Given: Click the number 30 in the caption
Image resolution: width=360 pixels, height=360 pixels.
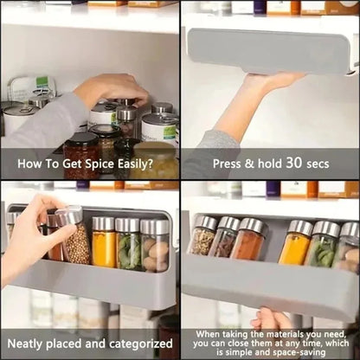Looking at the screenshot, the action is (294, 163).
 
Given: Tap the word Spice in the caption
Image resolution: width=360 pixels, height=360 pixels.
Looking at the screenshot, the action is (100, 164).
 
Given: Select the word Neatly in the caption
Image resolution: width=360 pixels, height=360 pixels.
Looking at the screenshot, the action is (25, 344).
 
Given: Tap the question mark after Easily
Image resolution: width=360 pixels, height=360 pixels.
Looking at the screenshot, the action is (150, 164).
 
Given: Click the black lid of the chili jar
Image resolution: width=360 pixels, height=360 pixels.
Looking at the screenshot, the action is (81, 138).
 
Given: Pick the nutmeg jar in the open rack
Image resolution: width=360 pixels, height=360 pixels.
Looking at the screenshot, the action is (155, 246).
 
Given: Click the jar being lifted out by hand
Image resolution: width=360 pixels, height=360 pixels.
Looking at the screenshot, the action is (72, 235).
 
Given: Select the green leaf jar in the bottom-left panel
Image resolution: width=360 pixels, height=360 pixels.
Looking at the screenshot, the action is (127, 243).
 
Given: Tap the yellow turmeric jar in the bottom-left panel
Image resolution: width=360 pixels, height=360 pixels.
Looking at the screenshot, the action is (104, 242).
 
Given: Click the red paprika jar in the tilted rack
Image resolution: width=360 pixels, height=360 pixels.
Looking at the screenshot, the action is (247, 239).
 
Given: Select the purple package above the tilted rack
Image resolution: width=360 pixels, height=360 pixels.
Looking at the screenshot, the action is (273, 190).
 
